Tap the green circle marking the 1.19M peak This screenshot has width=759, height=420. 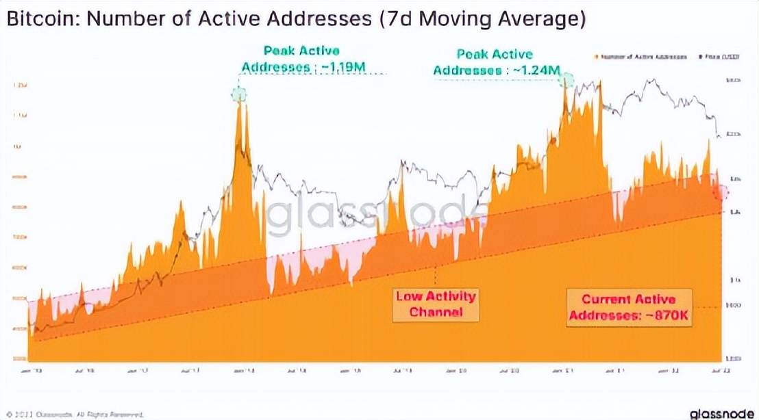(238, 94)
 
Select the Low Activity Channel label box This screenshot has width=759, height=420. (436, 304)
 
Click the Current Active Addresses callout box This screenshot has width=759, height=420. (629, 307)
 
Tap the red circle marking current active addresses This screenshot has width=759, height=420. (720, 192)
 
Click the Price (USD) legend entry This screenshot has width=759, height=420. (712, 58)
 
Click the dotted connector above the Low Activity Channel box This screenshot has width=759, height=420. (436, 274)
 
